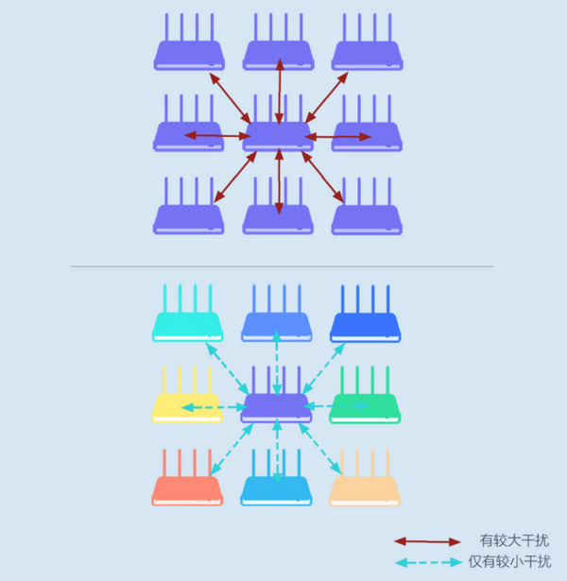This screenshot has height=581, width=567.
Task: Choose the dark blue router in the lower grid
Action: click(x=366, y=314)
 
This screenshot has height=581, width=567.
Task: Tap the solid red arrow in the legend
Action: click(x=427, y=541)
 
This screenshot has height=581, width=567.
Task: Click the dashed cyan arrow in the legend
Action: click(x=428, y=562)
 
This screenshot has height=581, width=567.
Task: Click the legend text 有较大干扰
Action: click(x=514, y=540)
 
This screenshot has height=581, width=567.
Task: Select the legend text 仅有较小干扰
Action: click(x=510, y=562)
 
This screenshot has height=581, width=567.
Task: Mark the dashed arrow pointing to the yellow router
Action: click(x=215, y=407)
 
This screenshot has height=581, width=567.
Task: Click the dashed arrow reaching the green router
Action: click(x=335, y=406)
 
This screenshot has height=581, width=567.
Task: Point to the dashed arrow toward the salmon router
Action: click(x=232, y=450)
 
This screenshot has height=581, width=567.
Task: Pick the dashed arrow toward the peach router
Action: click(x=319, y=449)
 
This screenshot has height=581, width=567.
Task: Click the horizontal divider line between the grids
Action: click(x=282, y=266)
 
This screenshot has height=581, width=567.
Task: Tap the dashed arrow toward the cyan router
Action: click(x=228, y=368)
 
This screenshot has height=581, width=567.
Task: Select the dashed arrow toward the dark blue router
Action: click(x=323, y=368)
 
